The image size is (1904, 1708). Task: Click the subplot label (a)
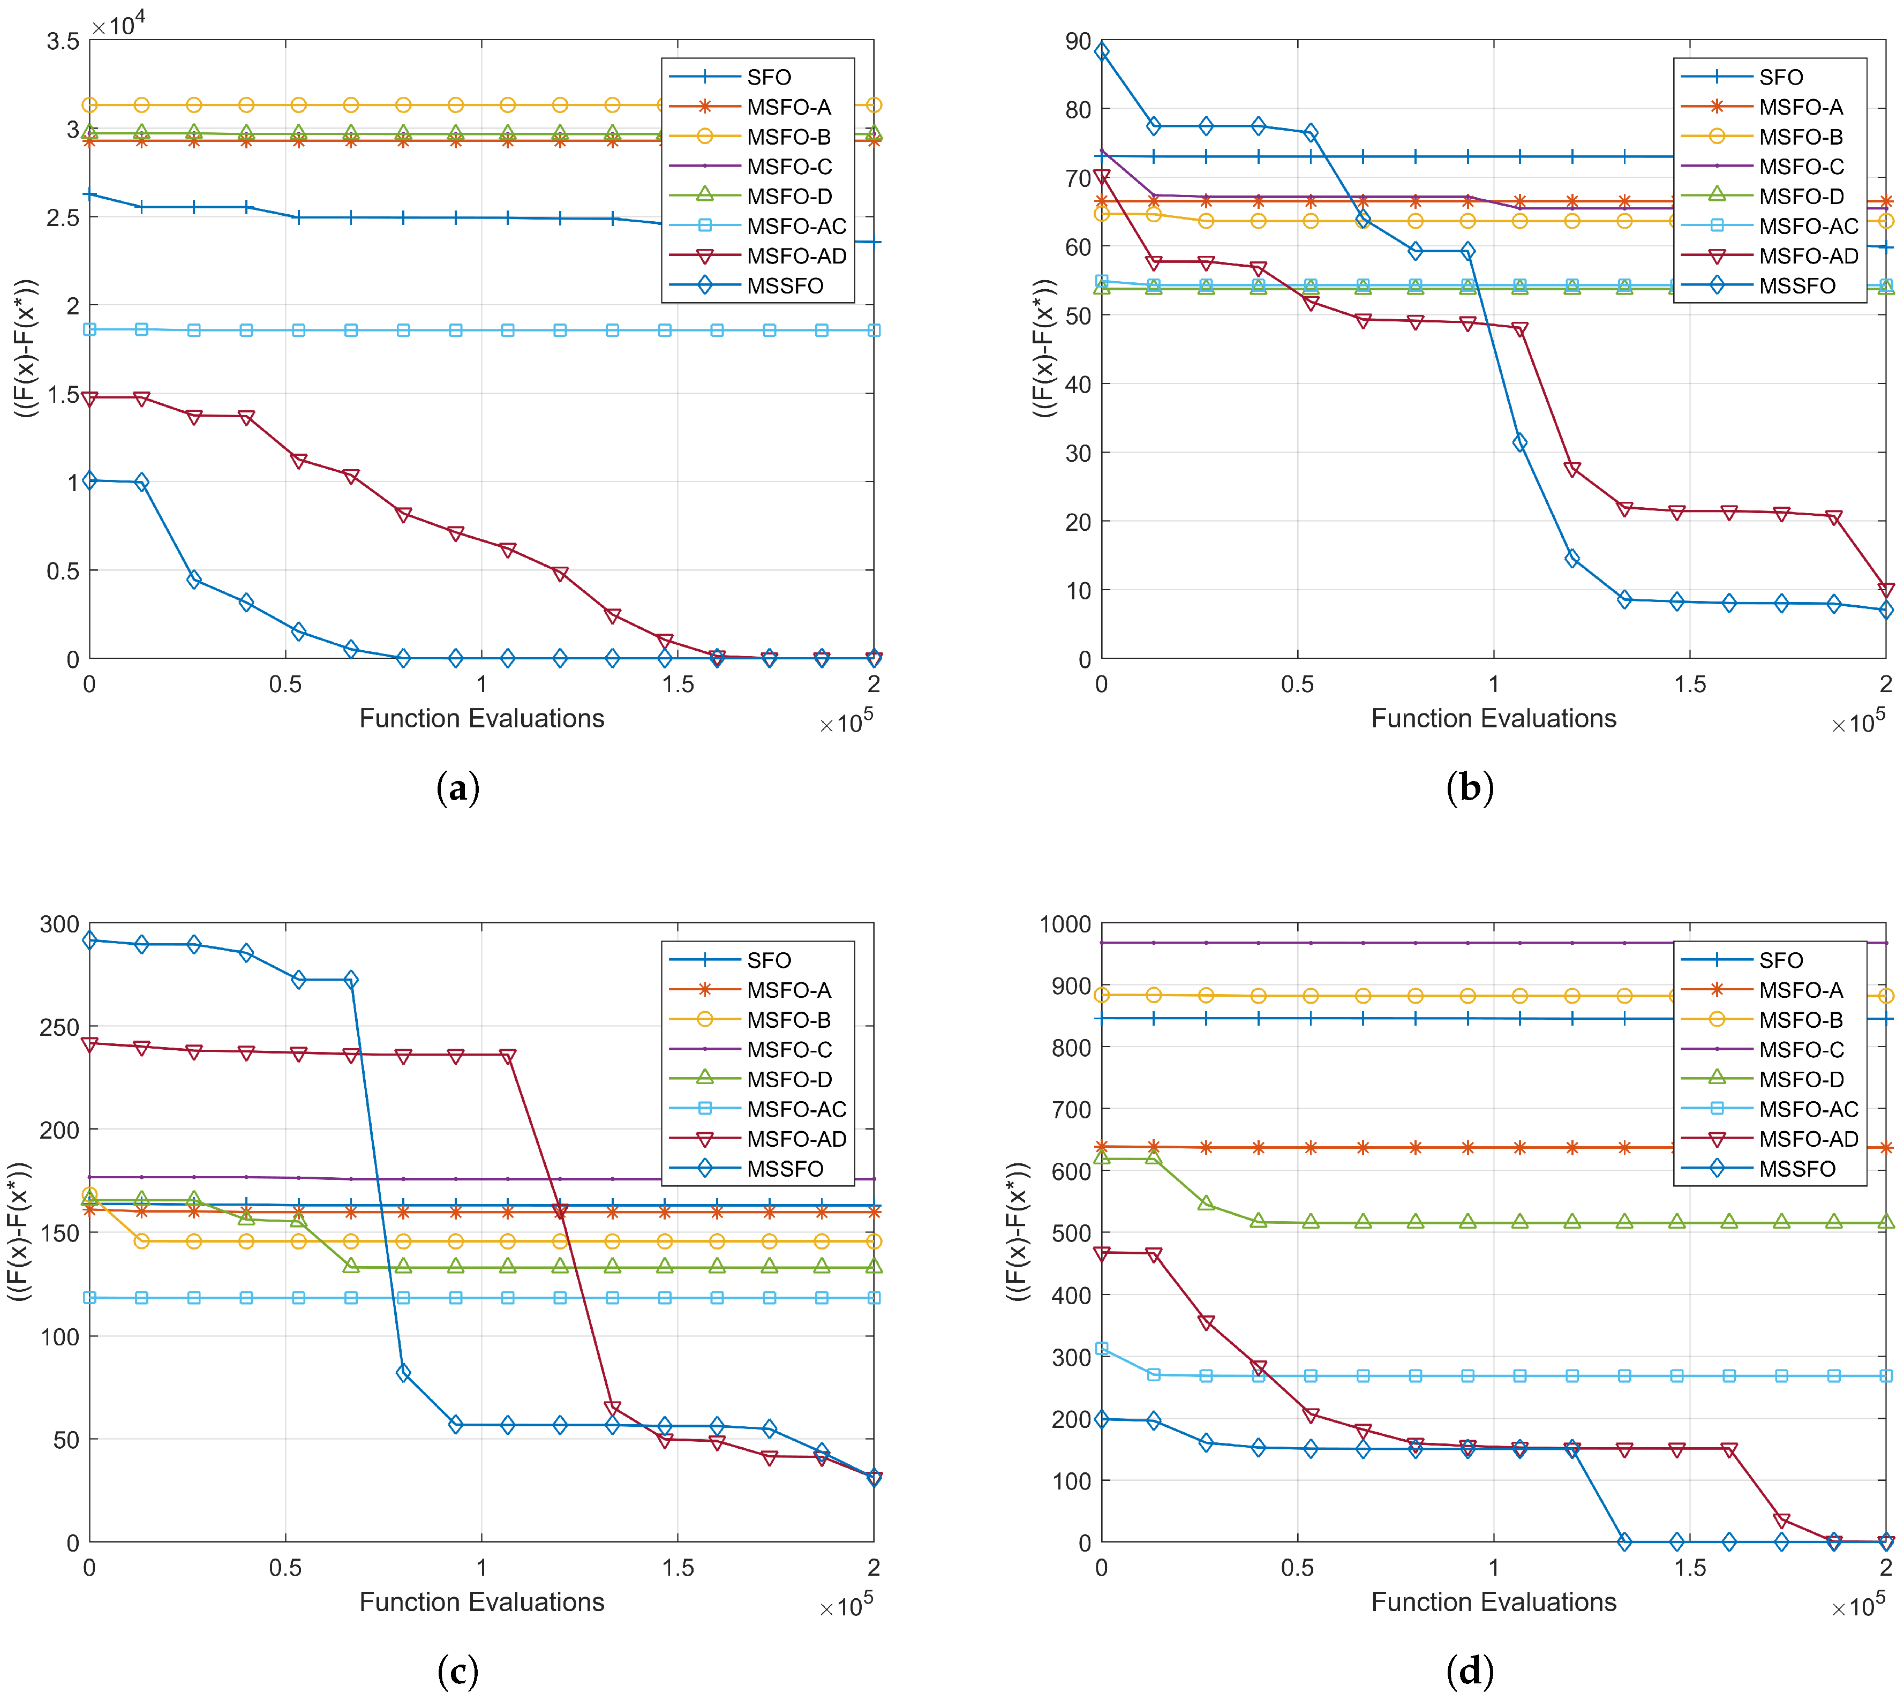458,787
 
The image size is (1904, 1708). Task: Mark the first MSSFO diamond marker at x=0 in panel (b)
1102,51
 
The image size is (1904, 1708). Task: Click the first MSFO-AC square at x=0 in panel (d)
1102,1349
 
